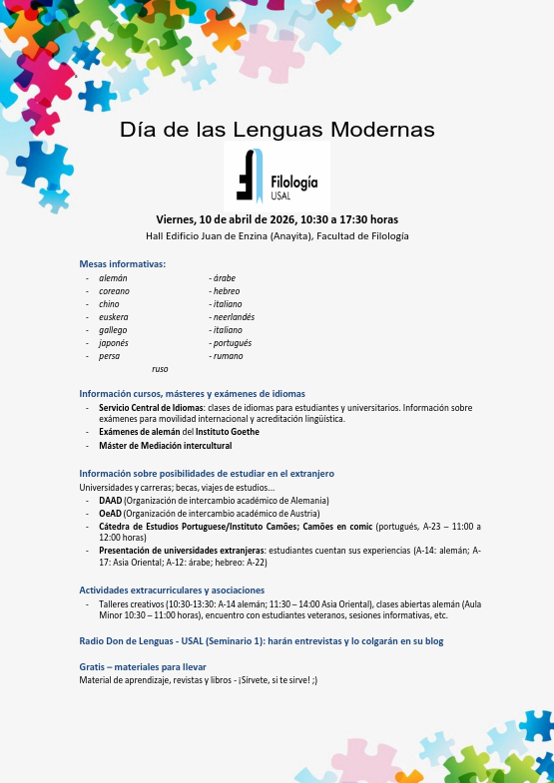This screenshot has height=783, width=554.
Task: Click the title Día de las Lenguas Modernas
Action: [277, 130]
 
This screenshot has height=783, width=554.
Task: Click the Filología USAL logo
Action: [277, 177]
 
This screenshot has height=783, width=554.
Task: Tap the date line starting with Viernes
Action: [277, 219]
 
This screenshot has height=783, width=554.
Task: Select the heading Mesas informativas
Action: [122, 264]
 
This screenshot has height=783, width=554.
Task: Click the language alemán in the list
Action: [113, 278]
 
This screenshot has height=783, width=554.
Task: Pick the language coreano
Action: [114, 291]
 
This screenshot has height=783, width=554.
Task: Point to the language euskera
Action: [114, 317]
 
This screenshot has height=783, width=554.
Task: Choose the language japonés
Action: [114, 343]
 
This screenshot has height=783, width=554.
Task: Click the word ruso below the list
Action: [160, 369]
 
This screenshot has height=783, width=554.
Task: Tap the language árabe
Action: [225, 278]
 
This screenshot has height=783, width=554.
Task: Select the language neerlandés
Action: [234, 317]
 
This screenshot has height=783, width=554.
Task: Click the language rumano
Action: [229, 356]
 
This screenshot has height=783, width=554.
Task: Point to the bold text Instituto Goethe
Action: [227, 432]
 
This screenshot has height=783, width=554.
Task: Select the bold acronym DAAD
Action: [110, 500]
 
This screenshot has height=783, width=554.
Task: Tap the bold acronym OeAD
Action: [110, 513]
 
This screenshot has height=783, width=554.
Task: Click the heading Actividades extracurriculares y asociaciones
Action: [172, 590]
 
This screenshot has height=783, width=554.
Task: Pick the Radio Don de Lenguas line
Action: [262, 641]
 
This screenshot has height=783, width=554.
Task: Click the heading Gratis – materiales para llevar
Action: [143, 666]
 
